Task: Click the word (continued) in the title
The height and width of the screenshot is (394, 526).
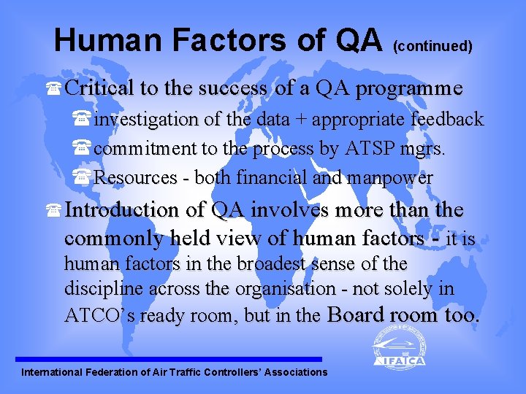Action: click(x=432, y=47)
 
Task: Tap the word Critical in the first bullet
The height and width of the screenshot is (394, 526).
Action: click(x=100, y=89)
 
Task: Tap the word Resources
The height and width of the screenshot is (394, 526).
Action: click(x=136, y=177)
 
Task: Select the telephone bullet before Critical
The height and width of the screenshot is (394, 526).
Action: click(x=53, y=90)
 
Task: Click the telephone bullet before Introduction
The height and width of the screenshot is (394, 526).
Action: click(x=53, y=211)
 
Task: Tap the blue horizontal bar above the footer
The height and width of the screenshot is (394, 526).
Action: click(x=169, y=359)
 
